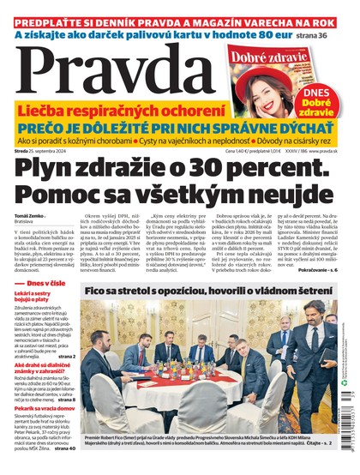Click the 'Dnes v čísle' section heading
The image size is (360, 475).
pyautogui.click(x=44, y=307)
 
